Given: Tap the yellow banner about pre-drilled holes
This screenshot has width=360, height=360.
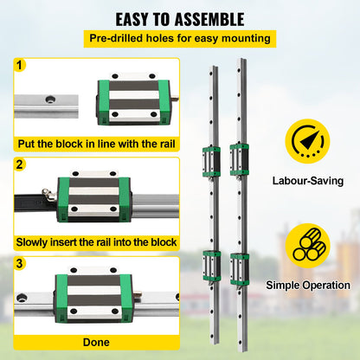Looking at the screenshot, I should (179, 38).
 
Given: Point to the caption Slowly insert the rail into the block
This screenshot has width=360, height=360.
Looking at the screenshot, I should (98, 242).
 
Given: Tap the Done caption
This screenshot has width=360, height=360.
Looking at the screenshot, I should (96, 342).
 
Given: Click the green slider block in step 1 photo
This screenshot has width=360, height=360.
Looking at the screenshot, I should (128, 101).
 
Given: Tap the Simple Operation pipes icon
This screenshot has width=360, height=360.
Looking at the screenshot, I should (307, 244).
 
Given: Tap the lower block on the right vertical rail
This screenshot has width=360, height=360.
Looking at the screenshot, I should (238, 266).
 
